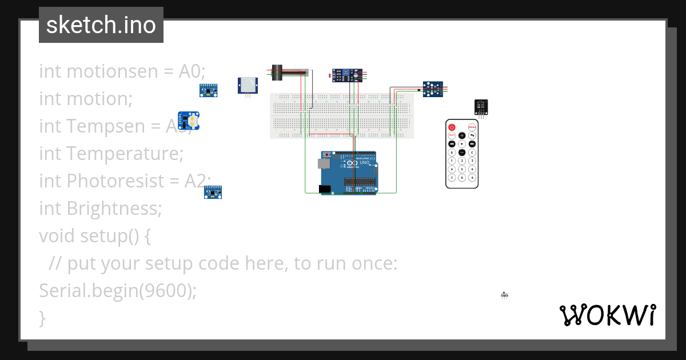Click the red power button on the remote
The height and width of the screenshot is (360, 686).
[452, 127]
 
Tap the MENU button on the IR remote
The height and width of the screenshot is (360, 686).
[472, 127]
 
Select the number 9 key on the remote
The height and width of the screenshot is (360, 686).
[472, 177]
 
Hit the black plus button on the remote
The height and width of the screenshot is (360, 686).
[462, 135]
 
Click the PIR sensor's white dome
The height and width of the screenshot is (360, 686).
[248, 86]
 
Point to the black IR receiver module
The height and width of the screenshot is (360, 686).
[481, 107]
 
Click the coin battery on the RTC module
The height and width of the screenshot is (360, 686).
[193, 121]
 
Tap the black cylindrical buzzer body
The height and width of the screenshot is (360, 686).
[277, 72]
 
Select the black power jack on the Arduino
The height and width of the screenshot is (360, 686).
[325, 189]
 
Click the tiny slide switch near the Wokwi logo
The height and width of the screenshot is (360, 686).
[504, 295]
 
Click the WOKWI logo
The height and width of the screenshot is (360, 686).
[607, 315]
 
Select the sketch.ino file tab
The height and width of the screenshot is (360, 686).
[101, 25]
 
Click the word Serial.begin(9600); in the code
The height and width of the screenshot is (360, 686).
[117, 291]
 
